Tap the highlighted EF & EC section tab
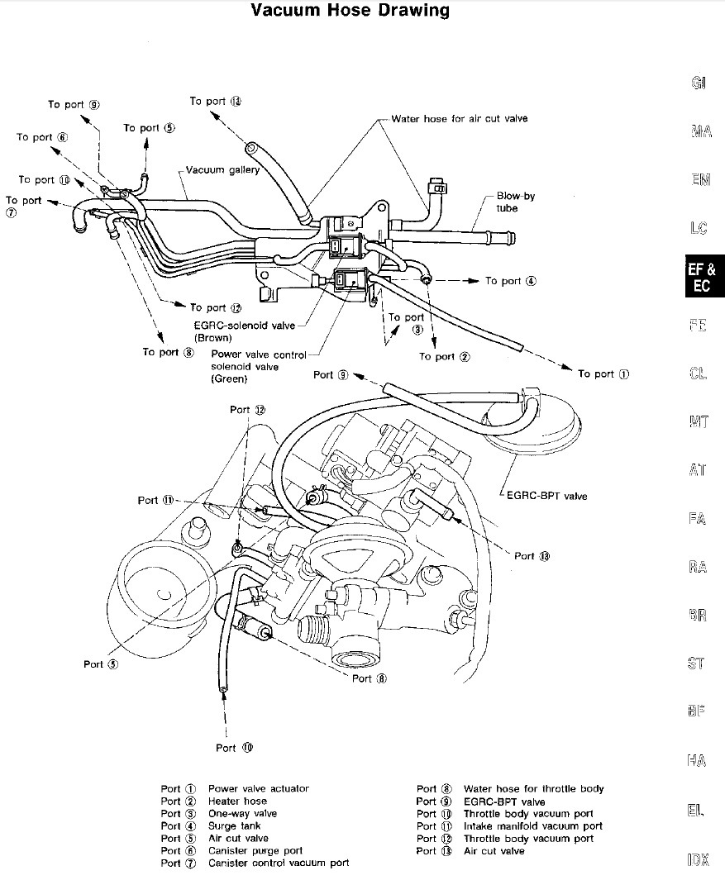(701, 278)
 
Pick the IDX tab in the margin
(699, 860)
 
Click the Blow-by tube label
(515, 202)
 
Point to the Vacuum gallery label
(222, 170)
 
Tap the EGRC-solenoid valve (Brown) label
(244, 331)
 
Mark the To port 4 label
(510, 281)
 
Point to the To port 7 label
(22, 206)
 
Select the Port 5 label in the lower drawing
(101, 664)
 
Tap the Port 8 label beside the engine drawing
(369, 678)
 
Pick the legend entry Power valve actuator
(258, 789)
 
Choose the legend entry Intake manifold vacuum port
(533, 826)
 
